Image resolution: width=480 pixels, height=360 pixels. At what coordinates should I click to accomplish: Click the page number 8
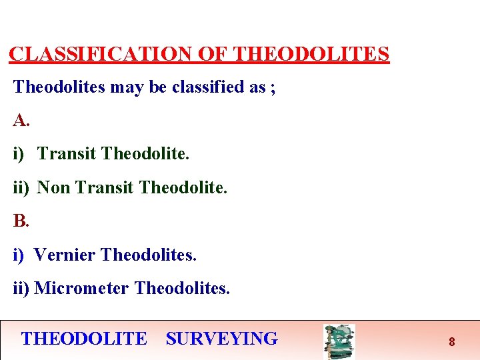[x=451, y=342]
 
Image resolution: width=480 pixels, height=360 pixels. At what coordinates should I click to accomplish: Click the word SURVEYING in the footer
[x=221, y=339]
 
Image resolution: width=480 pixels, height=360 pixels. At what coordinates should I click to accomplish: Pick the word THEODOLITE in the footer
[x=84, y=339]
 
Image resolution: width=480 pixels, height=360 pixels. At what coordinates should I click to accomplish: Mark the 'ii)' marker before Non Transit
[x=21, y=188]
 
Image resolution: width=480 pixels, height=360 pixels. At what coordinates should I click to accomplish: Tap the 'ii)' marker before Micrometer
[x=21, y=288]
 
